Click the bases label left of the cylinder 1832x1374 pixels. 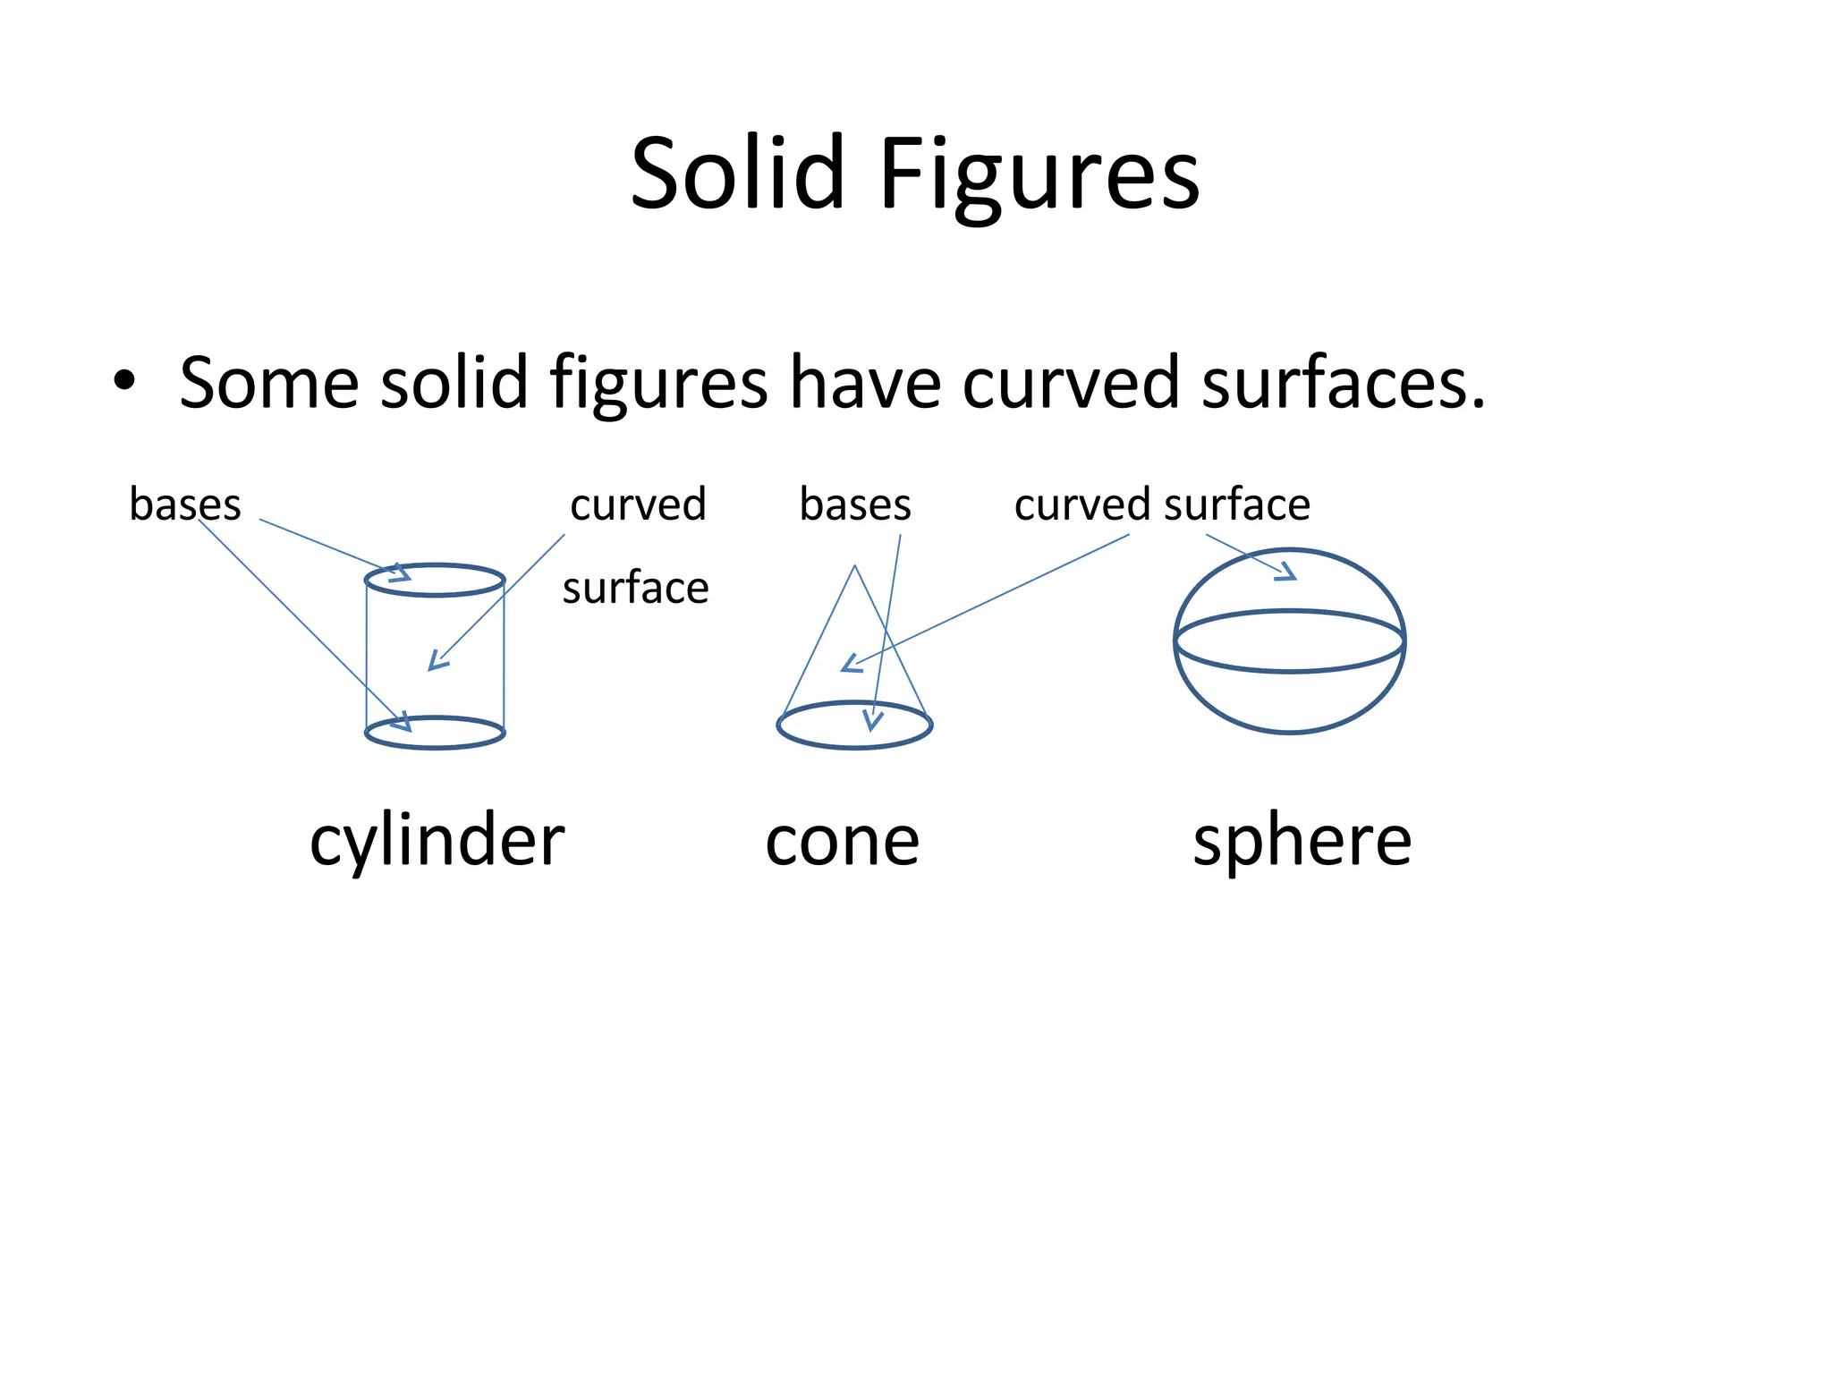click(185, 504)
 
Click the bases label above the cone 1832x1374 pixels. click(855, 505)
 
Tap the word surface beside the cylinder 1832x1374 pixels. click(635, 588)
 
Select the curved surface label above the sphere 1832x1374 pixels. click(1162, 505)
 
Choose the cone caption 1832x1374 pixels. click(842, 842)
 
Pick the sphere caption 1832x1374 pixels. click(1302, 842)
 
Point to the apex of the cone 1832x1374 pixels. click(855, 566)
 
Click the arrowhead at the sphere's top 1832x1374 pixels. click(1286, 572)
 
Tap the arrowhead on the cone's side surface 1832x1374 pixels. click(850, 664)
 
